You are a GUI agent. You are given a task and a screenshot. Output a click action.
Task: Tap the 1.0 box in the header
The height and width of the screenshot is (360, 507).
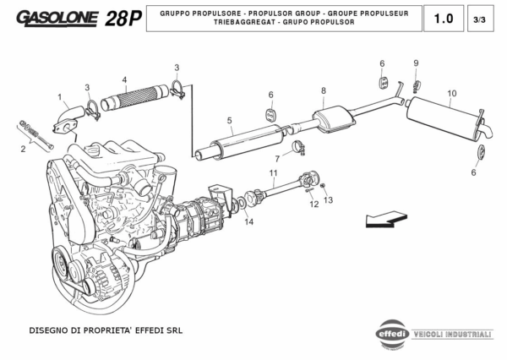(x=443, y=19)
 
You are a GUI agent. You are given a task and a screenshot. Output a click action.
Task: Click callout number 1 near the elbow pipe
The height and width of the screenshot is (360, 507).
(x=60, y=96)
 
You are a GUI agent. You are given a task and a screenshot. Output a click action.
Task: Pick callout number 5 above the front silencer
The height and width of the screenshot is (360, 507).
(x=229, y=121)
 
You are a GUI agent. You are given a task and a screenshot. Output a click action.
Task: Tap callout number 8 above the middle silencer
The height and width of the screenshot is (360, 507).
(x=323, y=90)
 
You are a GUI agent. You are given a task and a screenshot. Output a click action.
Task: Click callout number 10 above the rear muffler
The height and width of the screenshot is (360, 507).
(x=452, y=93)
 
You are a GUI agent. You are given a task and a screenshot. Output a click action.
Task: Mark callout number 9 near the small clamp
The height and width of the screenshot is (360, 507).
(x=416, y=63)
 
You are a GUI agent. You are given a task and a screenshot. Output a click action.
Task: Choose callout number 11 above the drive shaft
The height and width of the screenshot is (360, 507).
(x=273, y=172)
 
